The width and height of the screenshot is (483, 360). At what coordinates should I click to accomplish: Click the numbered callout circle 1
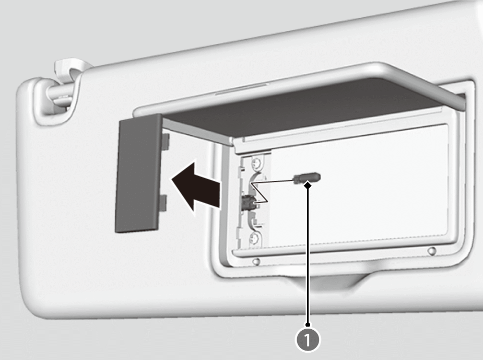coord(308,340)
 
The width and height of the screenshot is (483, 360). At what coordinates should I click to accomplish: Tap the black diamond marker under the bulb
coord(308,185)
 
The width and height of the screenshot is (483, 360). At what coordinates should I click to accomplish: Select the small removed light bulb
coord(307,178)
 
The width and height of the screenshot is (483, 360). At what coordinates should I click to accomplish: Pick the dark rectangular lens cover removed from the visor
coord(138,173)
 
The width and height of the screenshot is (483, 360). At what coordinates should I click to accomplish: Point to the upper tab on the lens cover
coord(166,142)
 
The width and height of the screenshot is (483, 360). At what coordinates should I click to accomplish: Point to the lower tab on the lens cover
coord(163,203)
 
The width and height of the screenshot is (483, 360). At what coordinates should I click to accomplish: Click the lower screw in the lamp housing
coord(254,239)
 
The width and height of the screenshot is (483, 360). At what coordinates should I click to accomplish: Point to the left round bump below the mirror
coord(256,262)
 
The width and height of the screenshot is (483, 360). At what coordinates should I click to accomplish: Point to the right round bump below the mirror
coord(432,251)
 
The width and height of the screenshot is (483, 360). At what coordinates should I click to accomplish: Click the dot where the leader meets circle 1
coord(308,324)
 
